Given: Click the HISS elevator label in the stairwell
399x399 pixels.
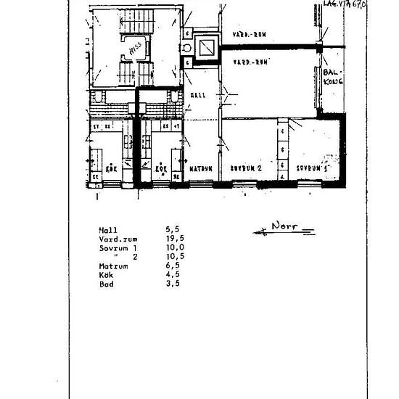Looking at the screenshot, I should point(134,49).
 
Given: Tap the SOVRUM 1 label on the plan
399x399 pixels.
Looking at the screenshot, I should point(313,168).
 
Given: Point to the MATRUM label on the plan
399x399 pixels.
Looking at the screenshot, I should point(200,168).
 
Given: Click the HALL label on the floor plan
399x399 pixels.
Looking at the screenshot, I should point(197,95).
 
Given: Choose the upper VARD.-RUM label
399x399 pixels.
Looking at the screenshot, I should point(247,35).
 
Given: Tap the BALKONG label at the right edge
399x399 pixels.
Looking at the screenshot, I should point(332,77).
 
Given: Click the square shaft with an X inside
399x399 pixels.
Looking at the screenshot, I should point(206,48).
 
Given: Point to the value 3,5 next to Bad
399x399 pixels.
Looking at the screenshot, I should point(172,284).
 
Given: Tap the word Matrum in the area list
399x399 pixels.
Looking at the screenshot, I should point(113,266).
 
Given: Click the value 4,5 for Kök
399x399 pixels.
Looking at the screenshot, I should point(172,275).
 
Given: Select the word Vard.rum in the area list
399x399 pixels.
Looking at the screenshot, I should point(118,238).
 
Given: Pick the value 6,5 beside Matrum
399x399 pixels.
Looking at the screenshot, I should point(172,266).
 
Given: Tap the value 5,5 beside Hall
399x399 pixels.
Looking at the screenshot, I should point(172,229).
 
